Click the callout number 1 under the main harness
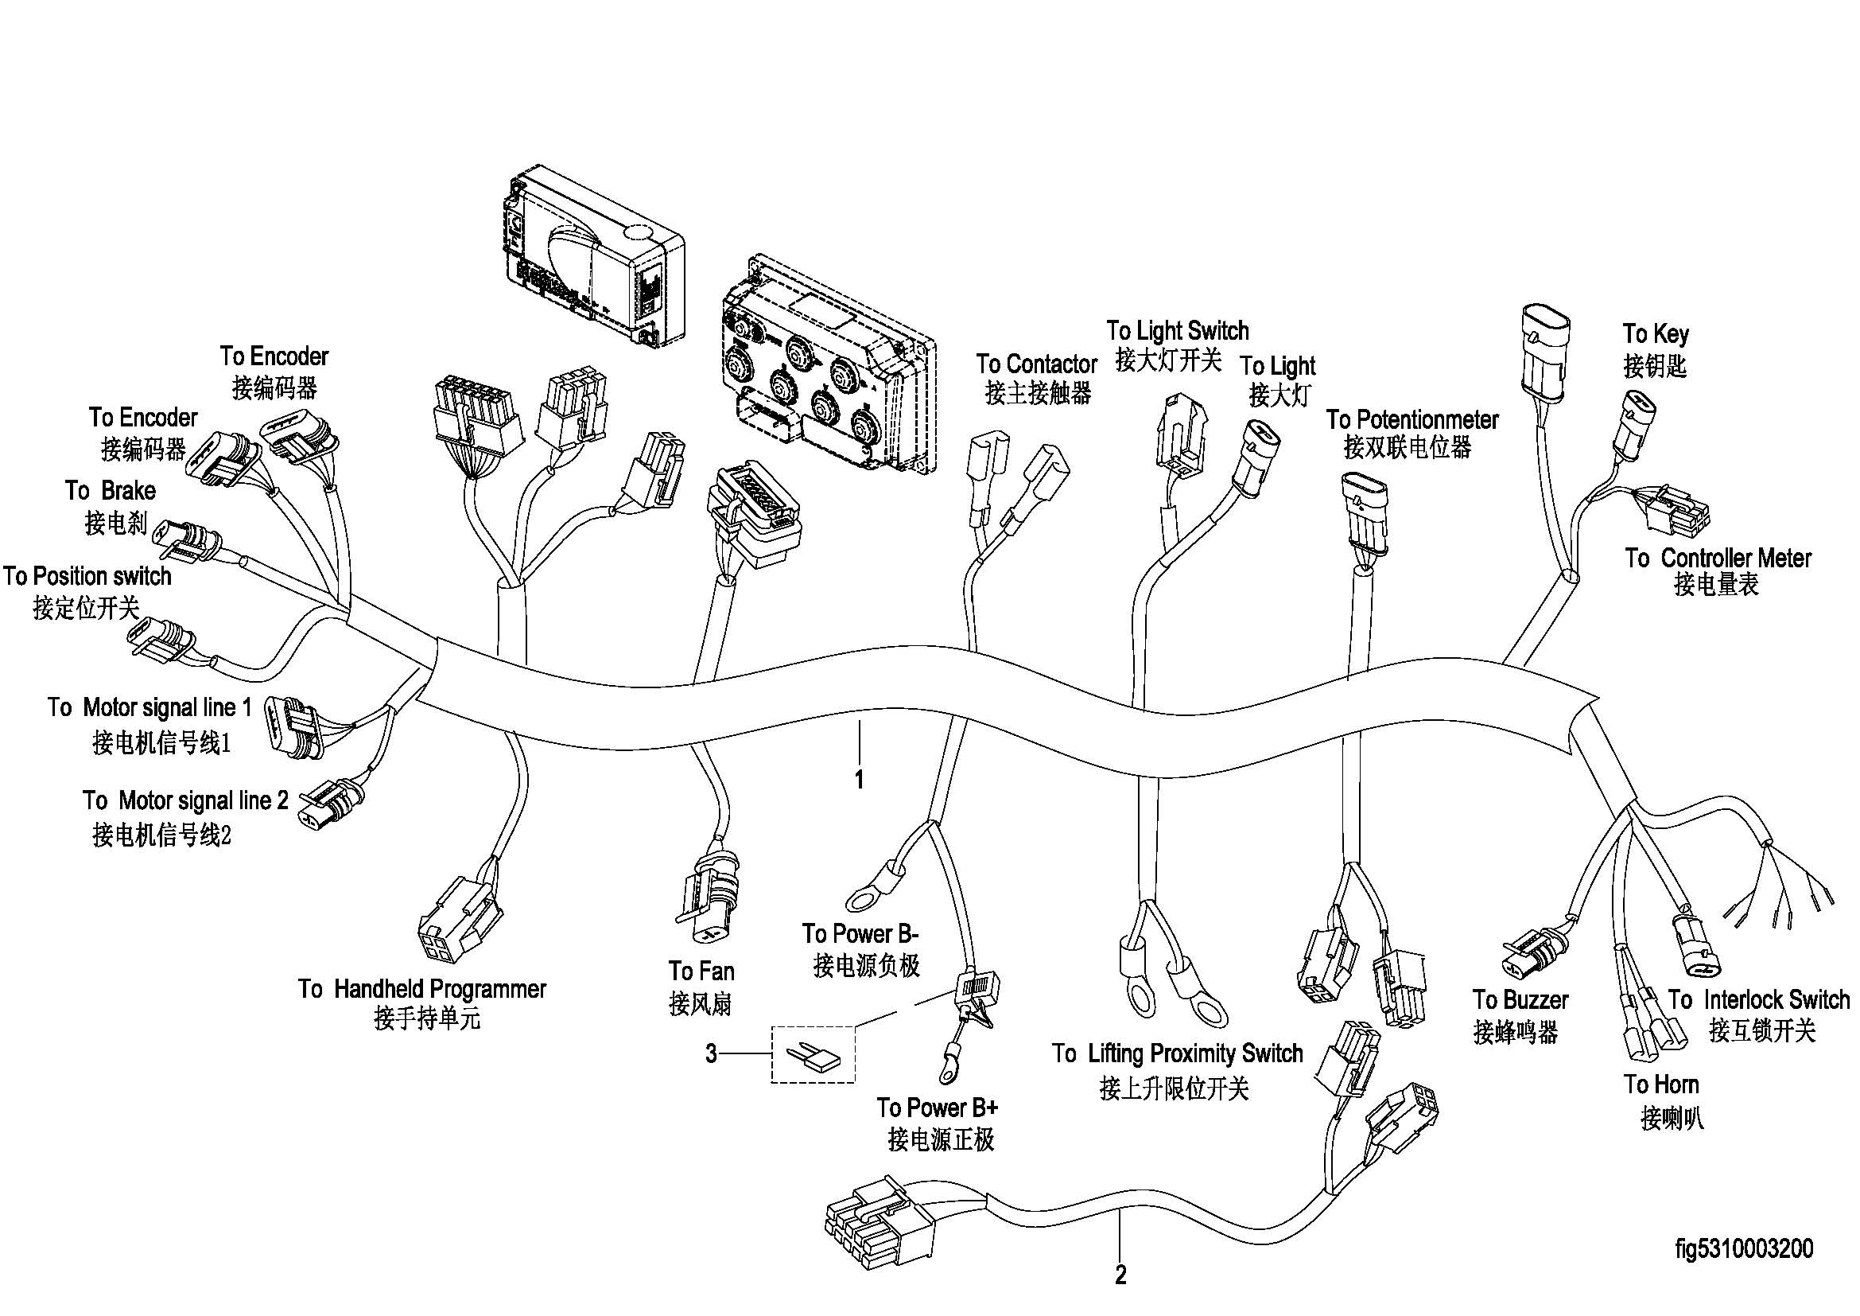coord(859,780)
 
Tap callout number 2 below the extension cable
coord(1120,1275)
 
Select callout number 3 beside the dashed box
coord(710,1053)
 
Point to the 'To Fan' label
coord(701,971)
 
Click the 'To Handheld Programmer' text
coord(422,989)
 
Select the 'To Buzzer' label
coord(1520,1000)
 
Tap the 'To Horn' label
coord(1660,1084)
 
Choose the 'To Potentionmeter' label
coord(1412,420)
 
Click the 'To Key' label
coord(1655,334)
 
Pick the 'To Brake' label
coord(111,491)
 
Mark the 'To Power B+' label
coord(937,1107)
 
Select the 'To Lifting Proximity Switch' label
coord(1177,1053)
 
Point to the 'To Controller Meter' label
coord(1718,559)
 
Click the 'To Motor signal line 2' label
coord(185,800)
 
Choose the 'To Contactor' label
coord(1036,364)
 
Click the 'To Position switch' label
coord(87,576)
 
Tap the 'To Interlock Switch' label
coord(1759,999)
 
